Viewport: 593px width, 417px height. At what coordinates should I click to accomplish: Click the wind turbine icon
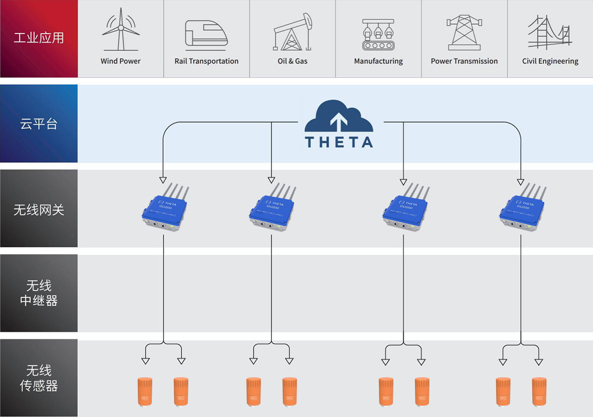tap(120, 31)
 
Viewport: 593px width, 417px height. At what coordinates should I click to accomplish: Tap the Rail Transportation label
tap(207, 61)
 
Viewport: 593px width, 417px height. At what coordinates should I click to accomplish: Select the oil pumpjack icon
tap(293, 32)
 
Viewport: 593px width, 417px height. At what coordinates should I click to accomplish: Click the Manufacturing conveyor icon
tap(379, 35)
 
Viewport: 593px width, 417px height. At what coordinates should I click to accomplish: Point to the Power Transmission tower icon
tap(464, 32)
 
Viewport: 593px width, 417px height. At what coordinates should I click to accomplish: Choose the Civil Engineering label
tap(550, 61)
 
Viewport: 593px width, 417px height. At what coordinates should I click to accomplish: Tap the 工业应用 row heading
tap(39, 38)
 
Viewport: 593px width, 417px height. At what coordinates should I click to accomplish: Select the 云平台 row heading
tap(39, 124)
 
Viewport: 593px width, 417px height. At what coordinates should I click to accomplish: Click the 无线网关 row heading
tap(39, 209)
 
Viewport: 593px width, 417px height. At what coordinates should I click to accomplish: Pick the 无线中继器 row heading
tap(39, 293)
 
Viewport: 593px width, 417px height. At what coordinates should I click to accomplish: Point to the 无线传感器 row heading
tap(39, 378)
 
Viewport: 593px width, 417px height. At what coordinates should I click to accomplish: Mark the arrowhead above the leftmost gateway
tap(163, 180)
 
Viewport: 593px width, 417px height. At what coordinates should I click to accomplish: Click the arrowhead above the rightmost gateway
tap(520, 180)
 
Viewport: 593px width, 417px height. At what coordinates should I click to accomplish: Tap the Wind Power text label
tap(121, 61)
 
